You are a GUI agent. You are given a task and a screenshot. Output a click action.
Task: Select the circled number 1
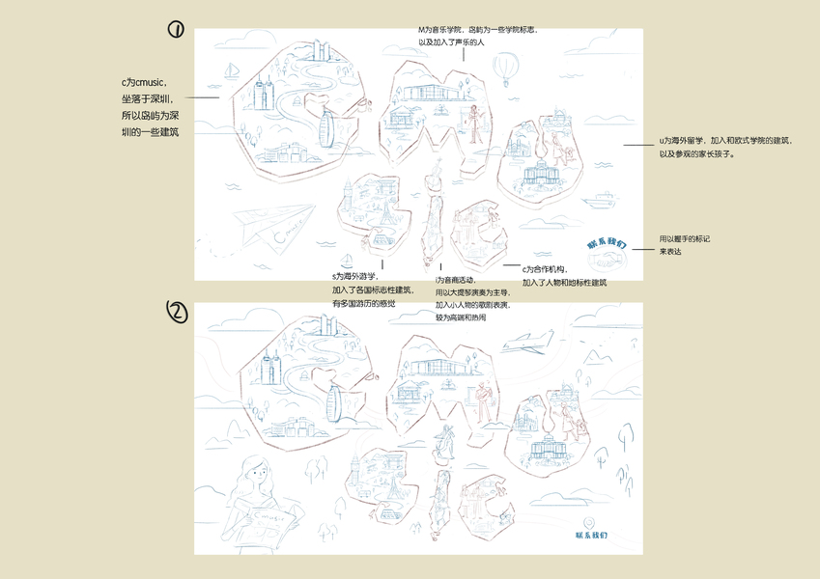point(176,29)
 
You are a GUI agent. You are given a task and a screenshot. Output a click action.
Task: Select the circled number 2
point(177,311)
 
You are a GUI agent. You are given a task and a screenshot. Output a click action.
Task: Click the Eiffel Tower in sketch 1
point(383,212)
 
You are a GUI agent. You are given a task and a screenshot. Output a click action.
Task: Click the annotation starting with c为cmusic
point(149,107)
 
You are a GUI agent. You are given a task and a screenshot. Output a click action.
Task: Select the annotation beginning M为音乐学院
point(465,38)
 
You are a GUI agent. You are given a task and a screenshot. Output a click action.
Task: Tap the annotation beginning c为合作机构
point(565,275)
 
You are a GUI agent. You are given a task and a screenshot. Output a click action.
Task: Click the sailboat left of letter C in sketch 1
point(232,70)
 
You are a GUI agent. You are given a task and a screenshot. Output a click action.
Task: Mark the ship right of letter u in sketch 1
point(601,200)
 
